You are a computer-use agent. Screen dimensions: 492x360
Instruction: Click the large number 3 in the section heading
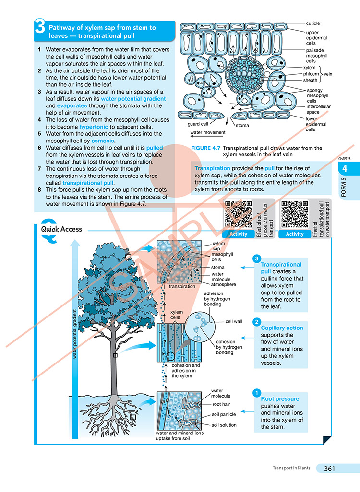(x=40, y=30)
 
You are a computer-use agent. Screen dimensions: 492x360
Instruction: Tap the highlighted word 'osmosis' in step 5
(x=101, y=141)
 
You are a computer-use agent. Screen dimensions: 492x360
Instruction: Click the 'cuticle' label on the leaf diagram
(x=312, y=23)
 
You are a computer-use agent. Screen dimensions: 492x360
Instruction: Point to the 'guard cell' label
(x=197, y=124)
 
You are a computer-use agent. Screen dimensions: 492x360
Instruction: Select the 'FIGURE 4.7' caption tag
(x=206, y=148)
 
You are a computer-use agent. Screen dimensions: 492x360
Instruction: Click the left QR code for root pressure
(x=238, y=214)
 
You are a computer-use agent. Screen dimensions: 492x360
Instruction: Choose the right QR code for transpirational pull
(x=294, y=214)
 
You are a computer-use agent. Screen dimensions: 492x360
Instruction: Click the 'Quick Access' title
(x=61, y=229)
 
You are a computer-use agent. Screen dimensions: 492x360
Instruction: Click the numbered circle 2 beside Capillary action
(x=257, y=322)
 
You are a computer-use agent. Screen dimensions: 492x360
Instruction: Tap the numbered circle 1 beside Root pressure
(x=257, y=392)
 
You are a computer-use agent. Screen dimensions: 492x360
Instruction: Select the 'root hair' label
(x=222, y=404)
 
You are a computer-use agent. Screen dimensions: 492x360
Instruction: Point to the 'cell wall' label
(x=235, y=322)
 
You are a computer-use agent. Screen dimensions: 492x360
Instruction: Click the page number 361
(x=332, y=469)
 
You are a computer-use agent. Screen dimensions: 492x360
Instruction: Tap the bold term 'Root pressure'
(x=280, y=399)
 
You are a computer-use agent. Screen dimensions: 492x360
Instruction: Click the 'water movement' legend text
(x=208, y=133)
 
